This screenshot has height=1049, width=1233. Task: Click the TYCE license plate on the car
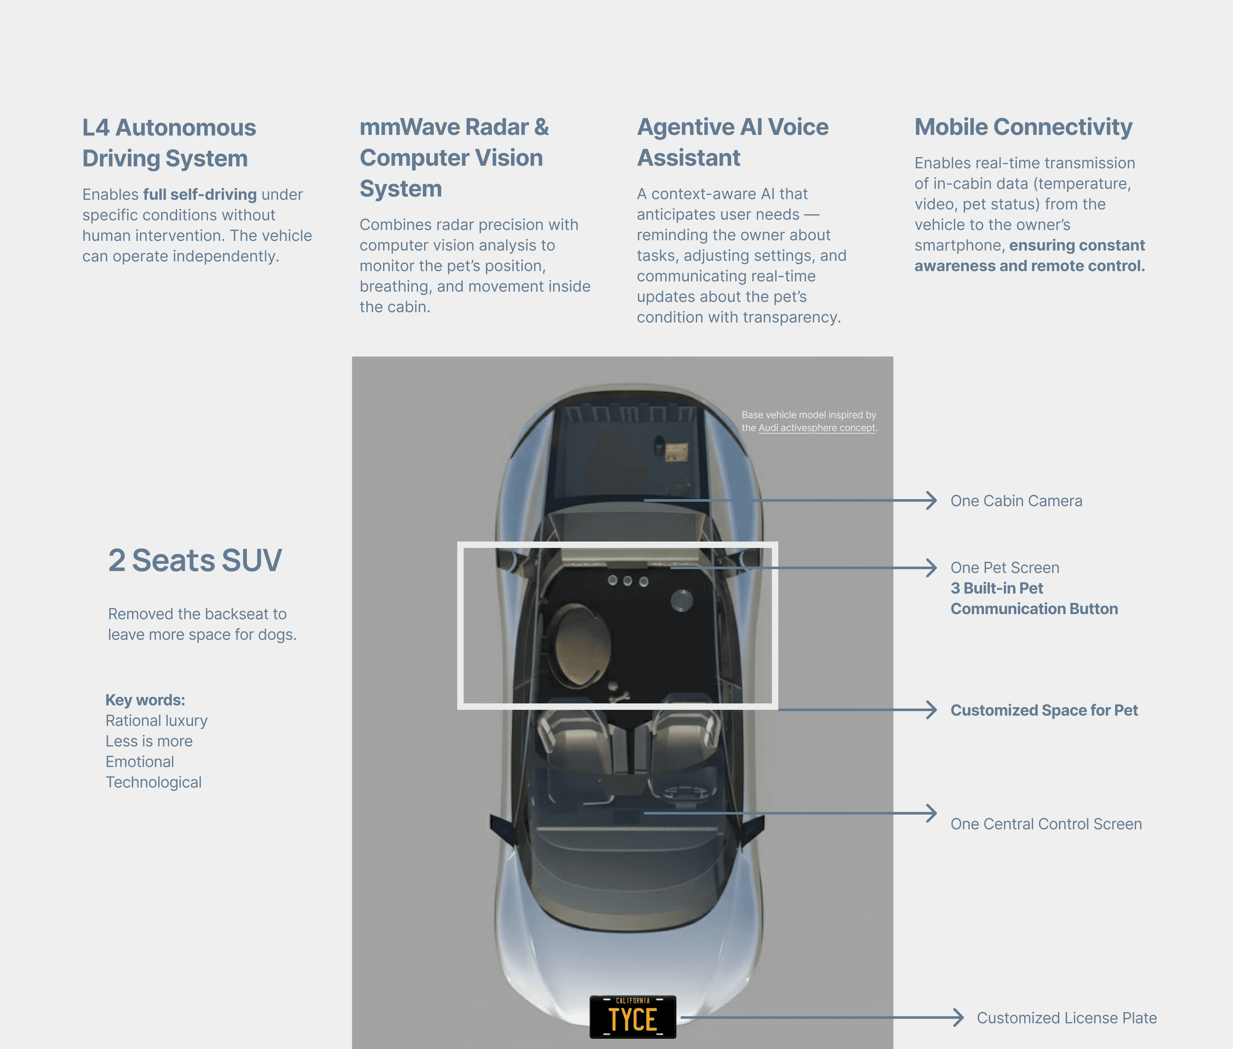click(633, 1017)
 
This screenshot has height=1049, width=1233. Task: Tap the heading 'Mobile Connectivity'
click(1023, 127)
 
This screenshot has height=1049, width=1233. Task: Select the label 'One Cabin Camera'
click(1016, 501)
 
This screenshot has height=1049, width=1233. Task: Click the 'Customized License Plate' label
click(1067, 1018)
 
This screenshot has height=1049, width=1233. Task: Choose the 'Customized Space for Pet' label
click(1044, 710)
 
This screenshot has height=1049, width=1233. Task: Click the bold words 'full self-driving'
click(200, 194)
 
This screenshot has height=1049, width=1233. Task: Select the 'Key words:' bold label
click(145, 700)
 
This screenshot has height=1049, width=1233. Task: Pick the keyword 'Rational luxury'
click(156, 721)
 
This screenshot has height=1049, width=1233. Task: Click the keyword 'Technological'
click(153, 783)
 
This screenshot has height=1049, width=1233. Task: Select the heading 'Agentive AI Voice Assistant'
click(732, 143)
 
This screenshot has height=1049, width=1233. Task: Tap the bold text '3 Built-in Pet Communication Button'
click(1034, 598)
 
